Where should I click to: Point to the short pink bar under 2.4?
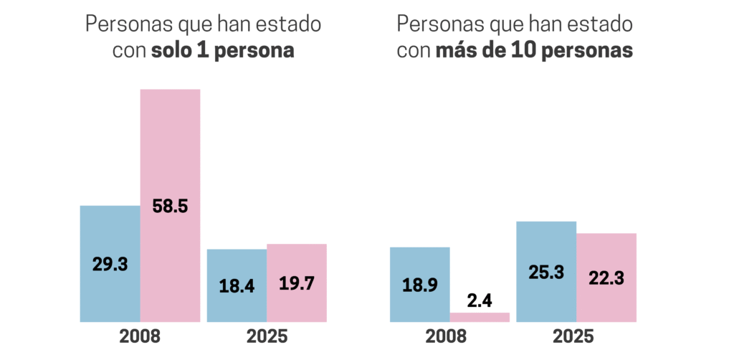tap(480, 317)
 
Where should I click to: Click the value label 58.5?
tap(170, 207)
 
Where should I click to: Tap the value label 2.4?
tap(480, 300)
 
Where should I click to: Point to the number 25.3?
tap(546, 273)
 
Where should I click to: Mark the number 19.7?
tap(297, 283)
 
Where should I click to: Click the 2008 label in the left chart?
tap(140, 336)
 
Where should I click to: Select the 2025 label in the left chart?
tap(267, 336)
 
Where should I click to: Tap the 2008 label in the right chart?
tap(449, 336)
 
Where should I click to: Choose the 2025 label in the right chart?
tap(576, 336)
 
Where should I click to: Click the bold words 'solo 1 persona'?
tap(223, 52)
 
